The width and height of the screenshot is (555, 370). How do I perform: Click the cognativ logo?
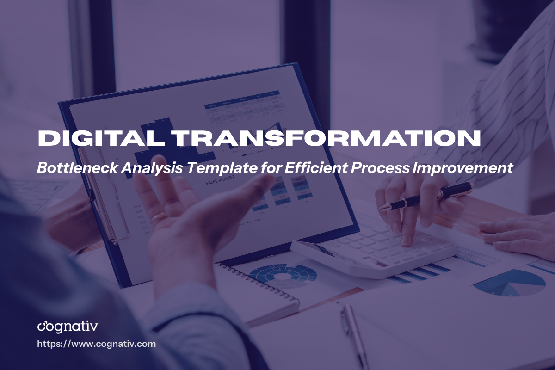(x=68, y=326)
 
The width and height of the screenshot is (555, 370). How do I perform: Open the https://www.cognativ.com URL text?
(x=96, y=344)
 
